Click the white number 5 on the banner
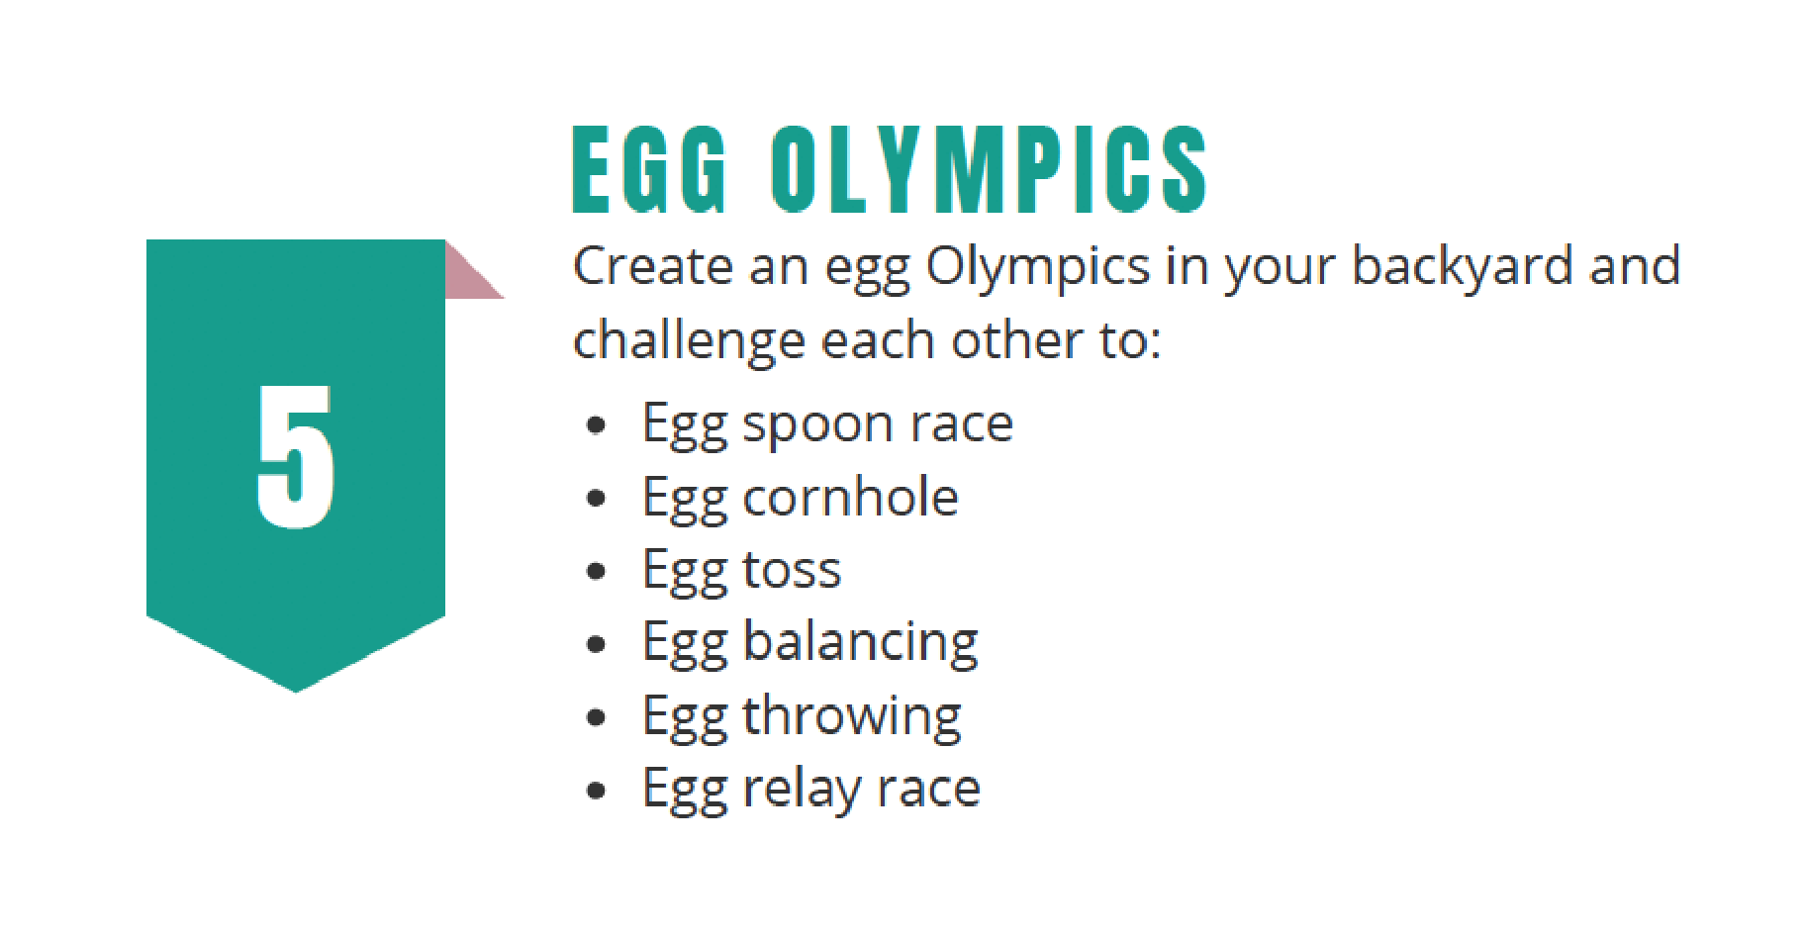(295, 456)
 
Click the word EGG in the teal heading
(650, 169)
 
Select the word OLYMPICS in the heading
(989, 169)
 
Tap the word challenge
(689, 342)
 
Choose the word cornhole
(850, 497)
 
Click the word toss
(792, 571)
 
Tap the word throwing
(852, 718)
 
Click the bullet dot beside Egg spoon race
(596, 425)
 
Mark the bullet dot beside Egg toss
(596, 571)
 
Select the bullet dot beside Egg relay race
(596, 791)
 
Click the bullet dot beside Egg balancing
(596, 645)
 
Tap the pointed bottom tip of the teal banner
(295, 692)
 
